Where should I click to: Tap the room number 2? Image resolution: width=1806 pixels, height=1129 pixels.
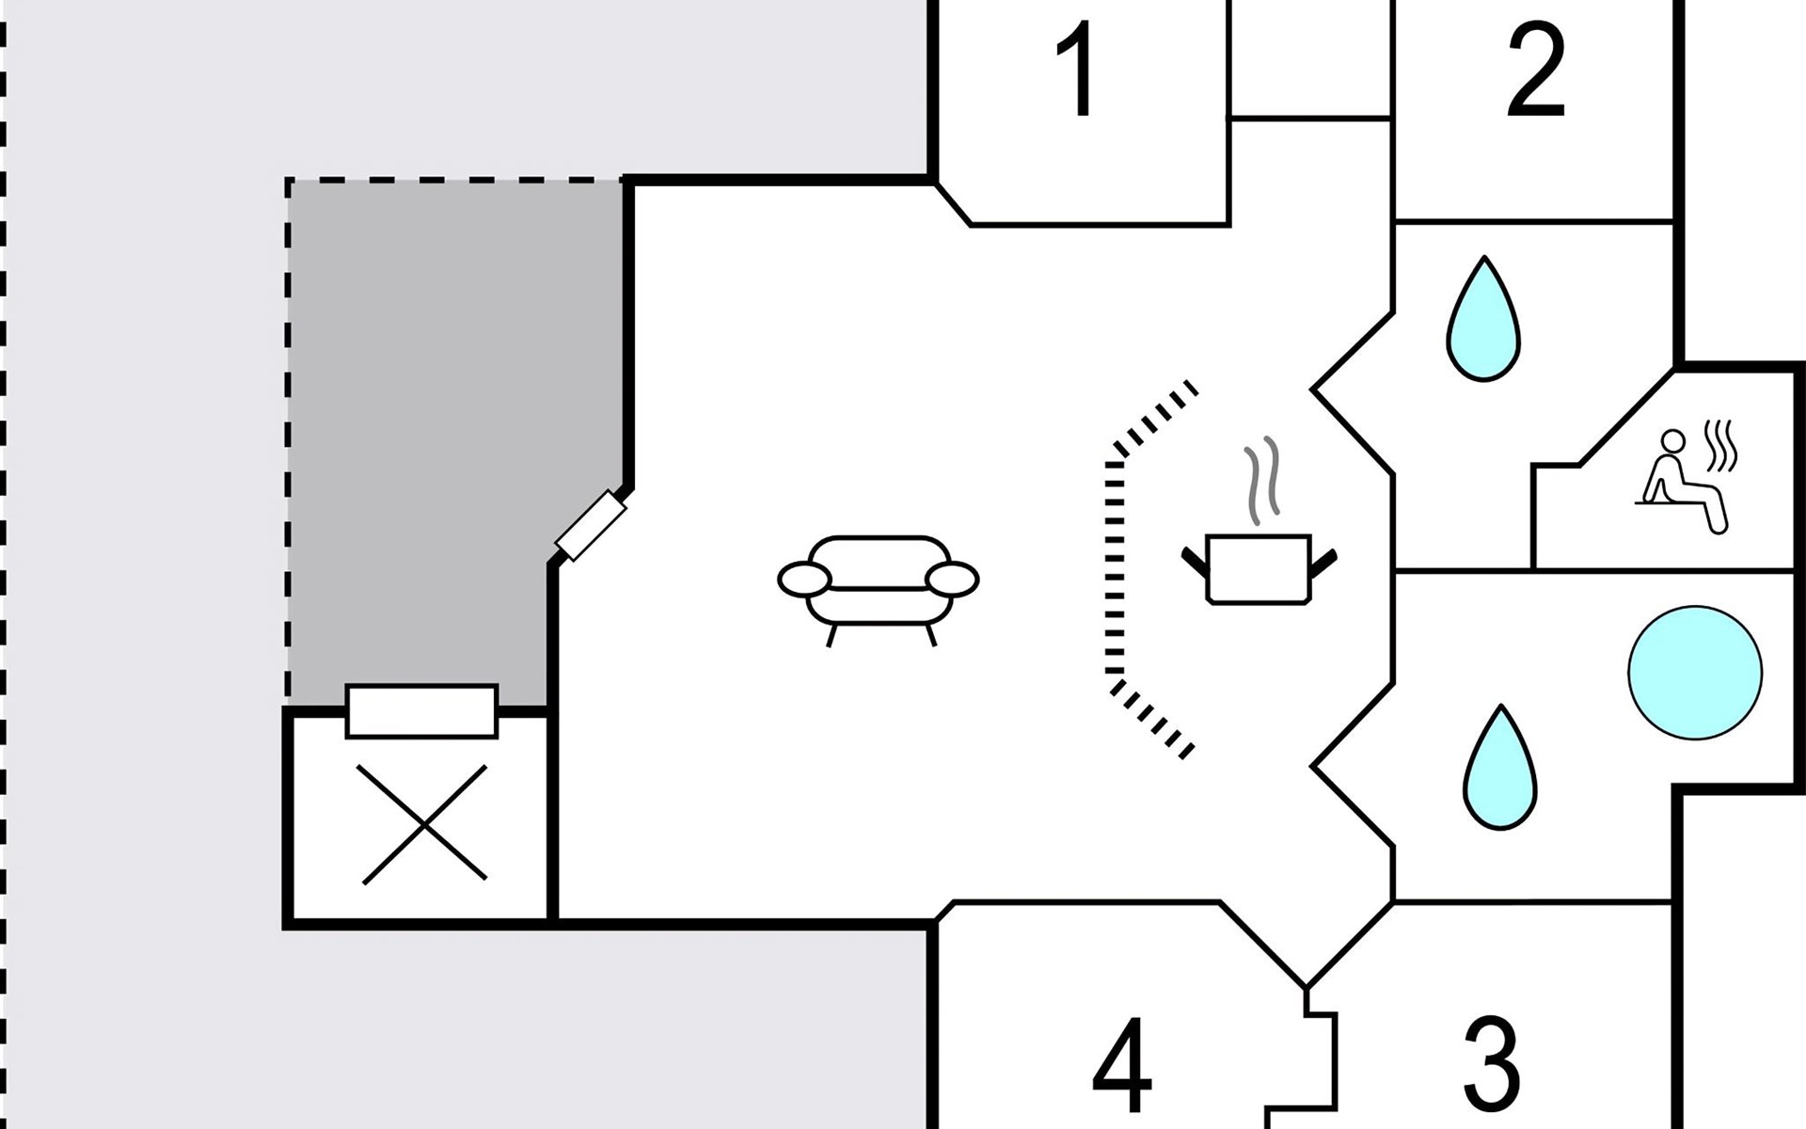[1535, 72]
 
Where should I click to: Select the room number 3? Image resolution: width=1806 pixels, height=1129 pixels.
[1492, 1062]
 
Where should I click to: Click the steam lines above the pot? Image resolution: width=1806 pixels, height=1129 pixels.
[1261, 479]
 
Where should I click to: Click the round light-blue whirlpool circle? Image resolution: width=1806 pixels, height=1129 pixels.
[1694, 672]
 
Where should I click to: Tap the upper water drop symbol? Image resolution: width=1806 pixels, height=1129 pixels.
[1483, 322]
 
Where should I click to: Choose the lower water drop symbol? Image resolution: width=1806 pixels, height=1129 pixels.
[1499, 771]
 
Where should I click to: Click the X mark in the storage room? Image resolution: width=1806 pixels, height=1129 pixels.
[425, 824]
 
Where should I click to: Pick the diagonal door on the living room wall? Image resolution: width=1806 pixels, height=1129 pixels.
[591, 525]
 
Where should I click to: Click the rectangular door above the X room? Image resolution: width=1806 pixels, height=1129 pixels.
[421, 710]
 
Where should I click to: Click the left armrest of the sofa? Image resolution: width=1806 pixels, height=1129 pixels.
[801, 580]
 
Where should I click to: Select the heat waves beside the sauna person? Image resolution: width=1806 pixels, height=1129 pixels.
[1720, 447]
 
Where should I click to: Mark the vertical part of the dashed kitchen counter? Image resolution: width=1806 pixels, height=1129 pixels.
[1116, 564]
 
